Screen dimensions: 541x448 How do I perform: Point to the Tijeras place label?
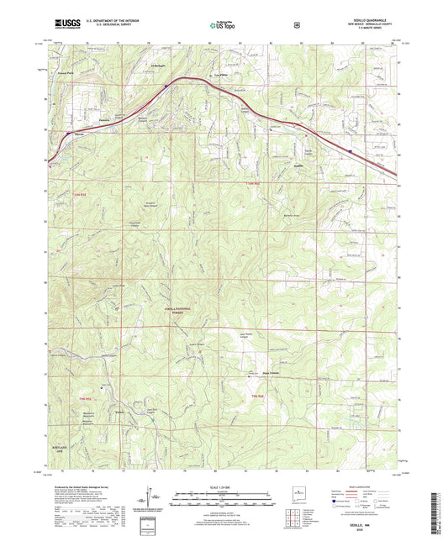[79, 132]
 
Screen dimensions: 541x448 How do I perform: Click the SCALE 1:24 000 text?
[223, 486]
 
